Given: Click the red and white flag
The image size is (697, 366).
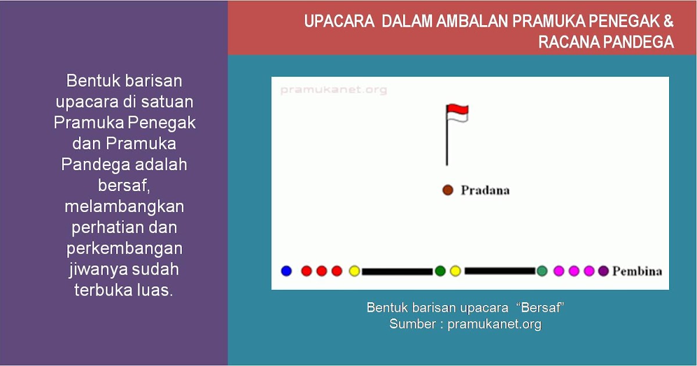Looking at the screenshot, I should (x=457, y=113).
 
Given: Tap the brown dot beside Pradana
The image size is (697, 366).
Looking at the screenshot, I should (x=447, y=190).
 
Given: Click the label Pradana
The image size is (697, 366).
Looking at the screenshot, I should (x=485, y=191).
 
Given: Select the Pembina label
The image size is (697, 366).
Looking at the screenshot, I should (x=637, y=271).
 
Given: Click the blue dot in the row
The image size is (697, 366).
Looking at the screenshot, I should (x=286, y=271).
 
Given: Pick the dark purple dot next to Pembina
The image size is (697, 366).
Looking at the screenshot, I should (x=603, y=271).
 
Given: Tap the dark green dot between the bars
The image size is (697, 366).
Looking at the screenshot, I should (x=440, y=271).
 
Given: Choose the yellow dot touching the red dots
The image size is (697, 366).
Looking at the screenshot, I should (x=354, y=271).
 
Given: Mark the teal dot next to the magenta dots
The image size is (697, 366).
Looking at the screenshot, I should (x=542, y=271).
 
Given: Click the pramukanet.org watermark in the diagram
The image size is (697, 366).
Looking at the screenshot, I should (x=333, y=90).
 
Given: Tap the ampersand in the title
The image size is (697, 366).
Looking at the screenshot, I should (x=668, y=22).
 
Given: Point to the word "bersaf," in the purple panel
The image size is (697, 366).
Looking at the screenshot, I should (x=124, y=185).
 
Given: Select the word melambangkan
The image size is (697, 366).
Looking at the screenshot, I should (x=124, y=206).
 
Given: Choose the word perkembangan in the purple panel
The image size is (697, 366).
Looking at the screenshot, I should (x=124, y=248).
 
